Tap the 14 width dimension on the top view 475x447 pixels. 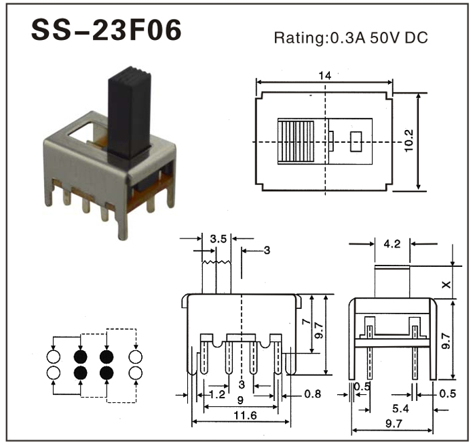(x=324, y=76)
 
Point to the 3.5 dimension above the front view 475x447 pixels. (x=218, y=238)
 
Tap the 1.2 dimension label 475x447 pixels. (x=218, y=393)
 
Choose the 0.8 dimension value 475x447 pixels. (x=313, y=393)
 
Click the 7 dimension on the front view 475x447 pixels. (x=306, y=324)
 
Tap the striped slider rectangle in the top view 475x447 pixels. (x=296, y=142)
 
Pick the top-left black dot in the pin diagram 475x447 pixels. (x=81, y=357)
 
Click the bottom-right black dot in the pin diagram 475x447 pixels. (x=107, y=372)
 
